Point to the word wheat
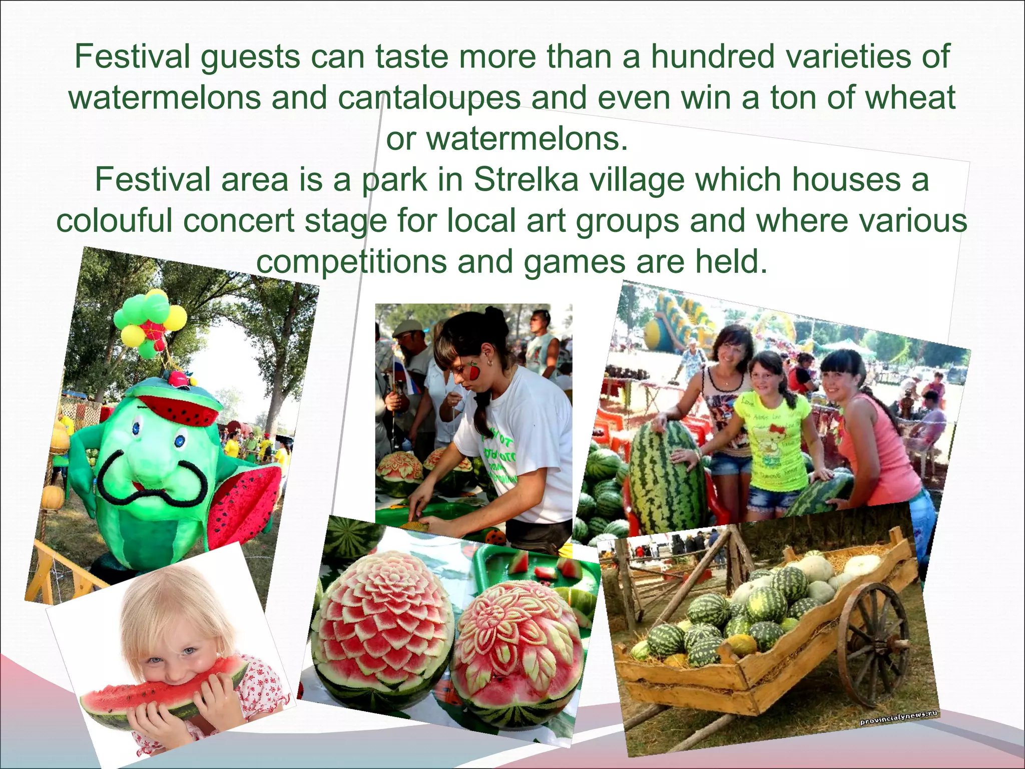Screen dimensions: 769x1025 910,98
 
